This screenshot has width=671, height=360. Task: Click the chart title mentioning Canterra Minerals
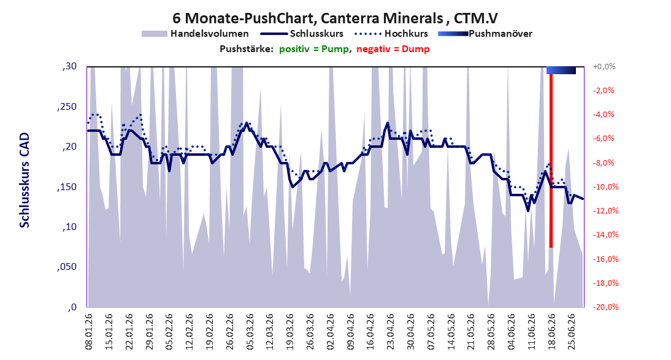[x=335, y=18]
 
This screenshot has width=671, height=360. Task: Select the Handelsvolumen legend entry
[x=195, y=33]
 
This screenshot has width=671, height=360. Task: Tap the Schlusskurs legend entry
[x=302, y=33]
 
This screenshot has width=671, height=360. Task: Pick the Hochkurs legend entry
[x=391, y=33]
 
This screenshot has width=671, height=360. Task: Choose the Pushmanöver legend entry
[x=485, y=33]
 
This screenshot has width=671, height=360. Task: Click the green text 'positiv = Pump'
[x=313, y=49]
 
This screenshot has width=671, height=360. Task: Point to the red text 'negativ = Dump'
[x=393, y=49]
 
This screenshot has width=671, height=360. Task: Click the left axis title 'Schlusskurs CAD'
[x=25, y=180]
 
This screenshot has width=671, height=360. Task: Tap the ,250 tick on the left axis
[x=67, y=107]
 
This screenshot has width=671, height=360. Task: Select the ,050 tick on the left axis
[x=67, y=267]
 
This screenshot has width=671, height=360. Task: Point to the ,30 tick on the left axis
[x=69, y=66]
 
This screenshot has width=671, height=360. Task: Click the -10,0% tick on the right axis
[x=604, y=186]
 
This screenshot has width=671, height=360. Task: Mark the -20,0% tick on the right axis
[x=604, y=307]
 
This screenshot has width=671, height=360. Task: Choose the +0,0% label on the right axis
[x=604, y=66]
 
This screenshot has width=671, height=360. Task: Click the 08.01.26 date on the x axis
[x=89, y=332]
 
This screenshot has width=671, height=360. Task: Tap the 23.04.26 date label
[x=390, y=332]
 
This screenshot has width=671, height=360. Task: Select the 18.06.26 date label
[x=551, y=332]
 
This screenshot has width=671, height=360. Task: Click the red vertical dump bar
[x=551, y=161]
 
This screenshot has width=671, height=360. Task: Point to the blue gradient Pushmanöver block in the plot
[x=561, y=70]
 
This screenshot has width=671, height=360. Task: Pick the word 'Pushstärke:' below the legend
[x=246, y=49]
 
